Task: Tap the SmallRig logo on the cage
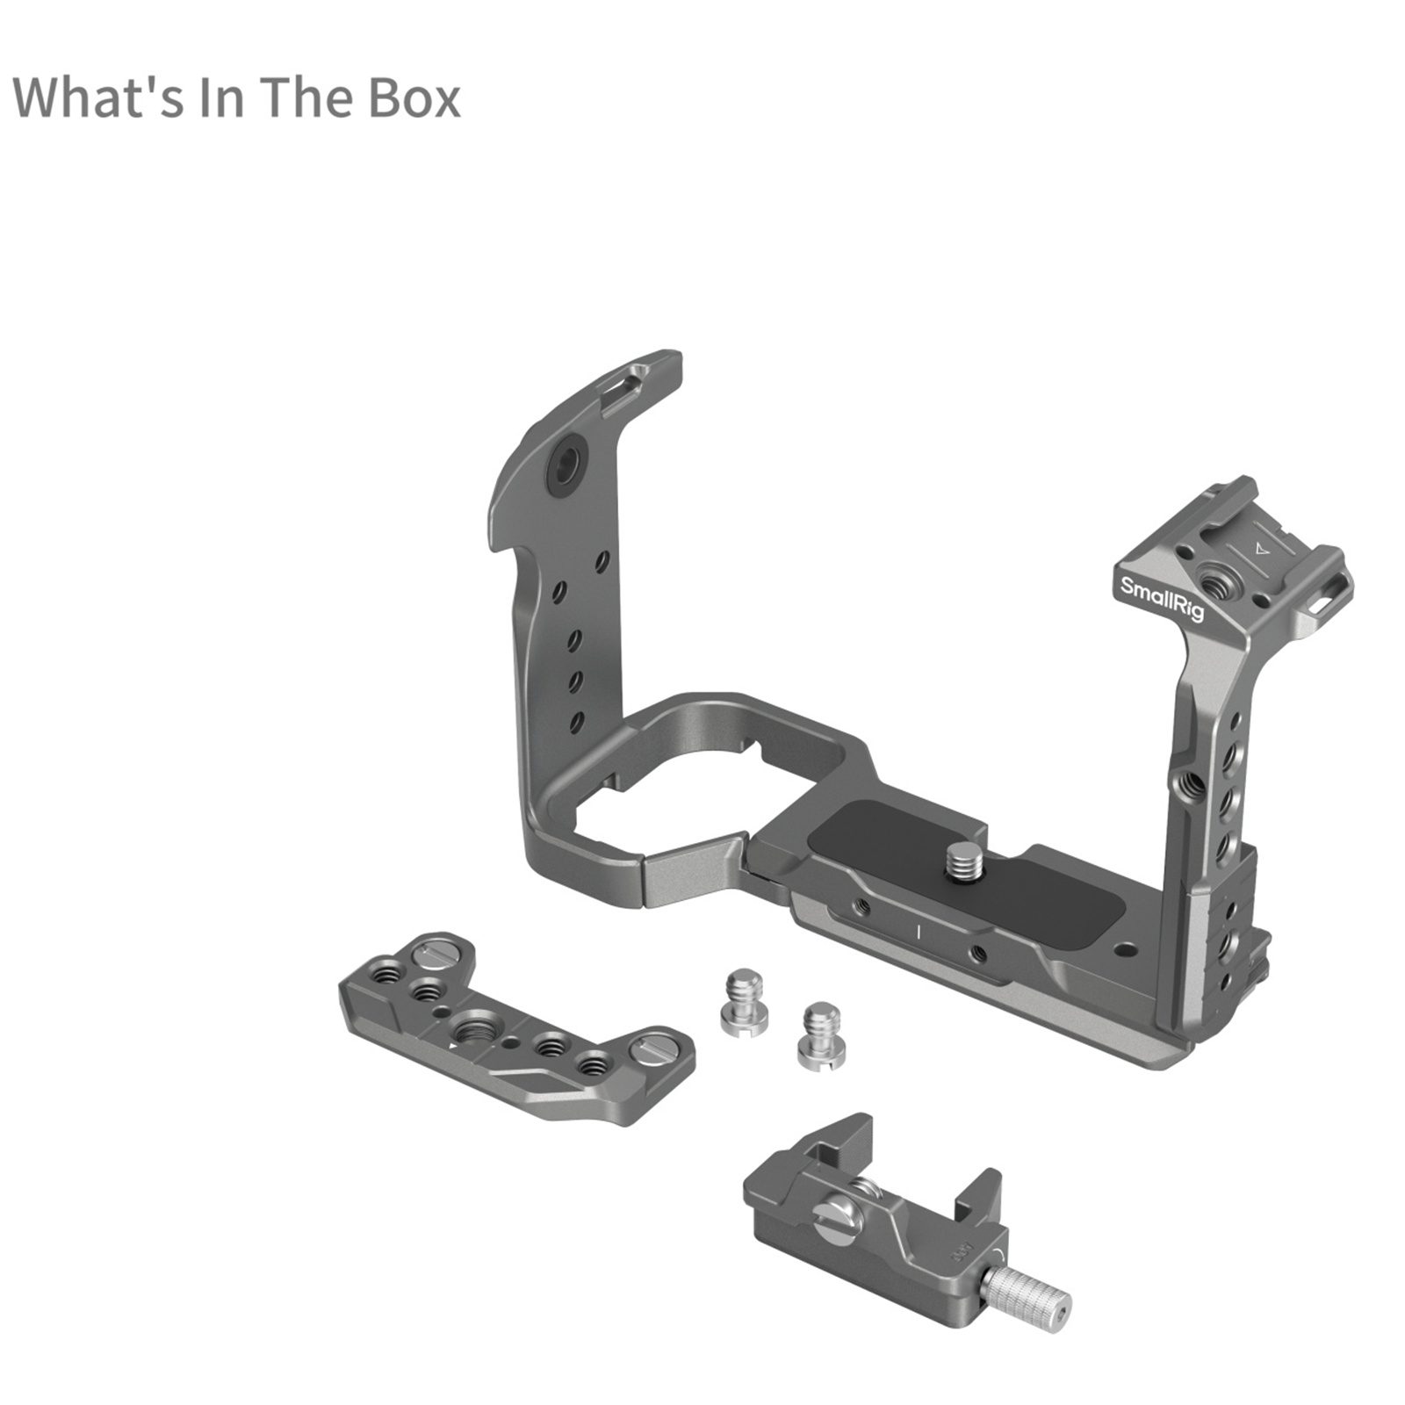(1161, 599)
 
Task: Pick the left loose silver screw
(744, 1001)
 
